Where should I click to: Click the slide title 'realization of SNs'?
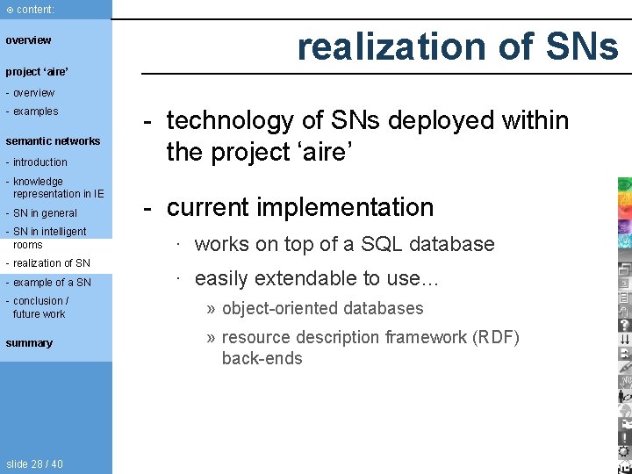pyautogui.click(x=456, y=47)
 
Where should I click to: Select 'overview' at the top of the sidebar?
pyautogui.click(x=29, y=40)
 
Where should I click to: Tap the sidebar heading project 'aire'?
pyautogui.click(x=37, y=72)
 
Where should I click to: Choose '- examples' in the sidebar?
pyautogui.click(x=32, y=111)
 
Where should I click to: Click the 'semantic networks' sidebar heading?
pyautogui.click(x=53, y=141)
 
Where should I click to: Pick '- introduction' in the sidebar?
pyautogui.click(x=37, y=162)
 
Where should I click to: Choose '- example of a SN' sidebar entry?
pyautogui.click(x=48, y=283)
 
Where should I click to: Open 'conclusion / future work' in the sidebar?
pyautogui.click(x=39, y=307)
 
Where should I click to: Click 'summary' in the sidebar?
pyautogui.click(x=29, y=343)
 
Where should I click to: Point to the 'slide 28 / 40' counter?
pyautogui.click(x=34, y=463)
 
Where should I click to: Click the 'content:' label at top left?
pyautogui.click(x=31, y=9)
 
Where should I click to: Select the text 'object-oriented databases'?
pyautogui.click(x=322, y=308)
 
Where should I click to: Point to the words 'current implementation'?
pyautogui.click(x=300, y=207)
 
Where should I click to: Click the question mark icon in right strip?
pyautogui.click(x=624, y=325)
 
